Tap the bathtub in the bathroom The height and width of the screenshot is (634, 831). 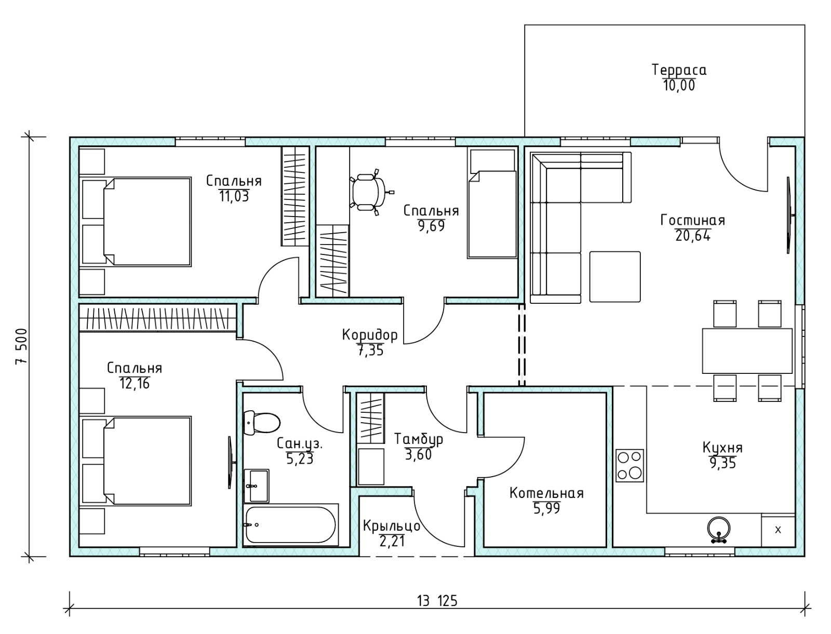291,524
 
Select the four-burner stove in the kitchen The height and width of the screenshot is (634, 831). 629,466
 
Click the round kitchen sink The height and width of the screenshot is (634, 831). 719,529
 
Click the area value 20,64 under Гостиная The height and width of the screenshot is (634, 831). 693,236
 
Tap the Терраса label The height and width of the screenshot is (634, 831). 679,70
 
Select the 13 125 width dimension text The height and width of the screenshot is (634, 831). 437,601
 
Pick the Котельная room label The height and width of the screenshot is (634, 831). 546,493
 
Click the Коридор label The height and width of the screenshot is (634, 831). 370,334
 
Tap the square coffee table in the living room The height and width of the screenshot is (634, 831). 615,277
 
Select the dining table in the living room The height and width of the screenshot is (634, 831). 747,351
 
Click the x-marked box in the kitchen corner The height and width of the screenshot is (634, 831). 778,530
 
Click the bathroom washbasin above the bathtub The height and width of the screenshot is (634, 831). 256,485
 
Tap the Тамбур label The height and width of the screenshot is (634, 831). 418,439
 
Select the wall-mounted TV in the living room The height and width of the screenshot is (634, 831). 789,215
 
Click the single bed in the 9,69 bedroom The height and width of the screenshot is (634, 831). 492,214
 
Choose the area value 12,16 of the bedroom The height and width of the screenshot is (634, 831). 135,383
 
